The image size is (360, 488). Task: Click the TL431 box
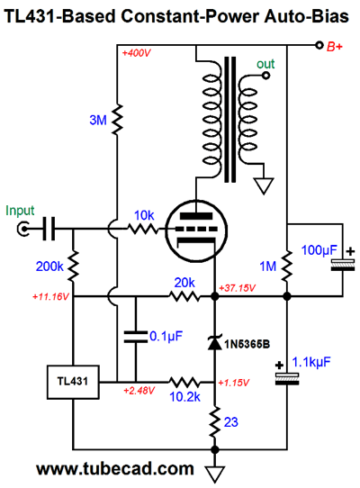click(x=73, y=382)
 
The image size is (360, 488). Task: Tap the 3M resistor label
click(x=98, y=120)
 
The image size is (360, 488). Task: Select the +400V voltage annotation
click(x=136, y=53)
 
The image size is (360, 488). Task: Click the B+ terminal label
click(x=335, y=47)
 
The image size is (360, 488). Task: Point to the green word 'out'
click(x=265, y=64)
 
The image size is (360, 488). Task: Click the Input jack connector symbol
click(x=23, y=230)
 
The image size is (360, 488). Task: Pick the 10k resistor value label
click(x=144, y=215)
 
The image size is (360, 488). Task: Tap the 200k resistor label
click(x=49, y=267)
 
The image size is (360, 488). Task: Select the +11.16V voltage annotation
click(x=50, y=296)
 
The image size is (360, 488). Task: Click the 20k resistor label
click(x=184, y=283)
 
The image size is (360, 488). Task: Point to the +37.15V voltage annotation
click(x=237, y=288)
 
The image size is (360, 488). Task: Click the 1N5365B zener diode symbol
click(x=215, y=343)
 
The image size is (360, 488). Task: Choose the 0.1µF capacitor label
click(x=166, y=337)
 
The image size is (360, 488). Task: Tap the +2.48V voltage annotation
click(x=139, y=390)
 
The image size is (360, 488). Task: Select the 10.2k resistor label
click(x=184, y=397)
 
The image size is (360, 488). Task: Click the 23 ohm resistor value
click(x=231, y=422)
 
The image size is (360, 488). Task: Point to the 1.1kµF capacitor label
click(x=311, y=362)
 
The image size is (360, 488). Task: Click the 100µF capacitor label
click(x=319, y=250)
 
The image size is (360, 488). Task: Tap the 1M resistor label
click(x=268, y=267)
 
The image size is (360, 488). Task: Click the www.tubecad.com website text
click(x=115, y=469)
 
